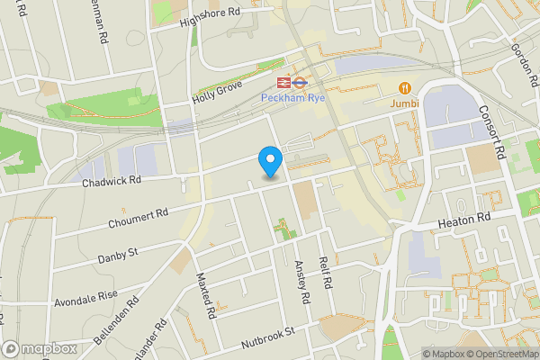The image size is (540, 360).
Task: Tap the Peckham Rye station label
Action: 285,97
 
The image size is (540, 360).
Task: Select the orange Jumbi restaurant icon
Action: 405,88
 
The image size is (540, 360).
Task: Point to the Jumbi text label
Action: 405,104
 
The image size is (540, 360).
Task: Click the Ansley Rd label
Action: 302,281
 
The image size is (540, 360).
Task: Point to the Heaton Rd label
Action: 465,220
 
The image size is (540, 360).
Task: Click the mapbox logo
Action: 40,348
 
